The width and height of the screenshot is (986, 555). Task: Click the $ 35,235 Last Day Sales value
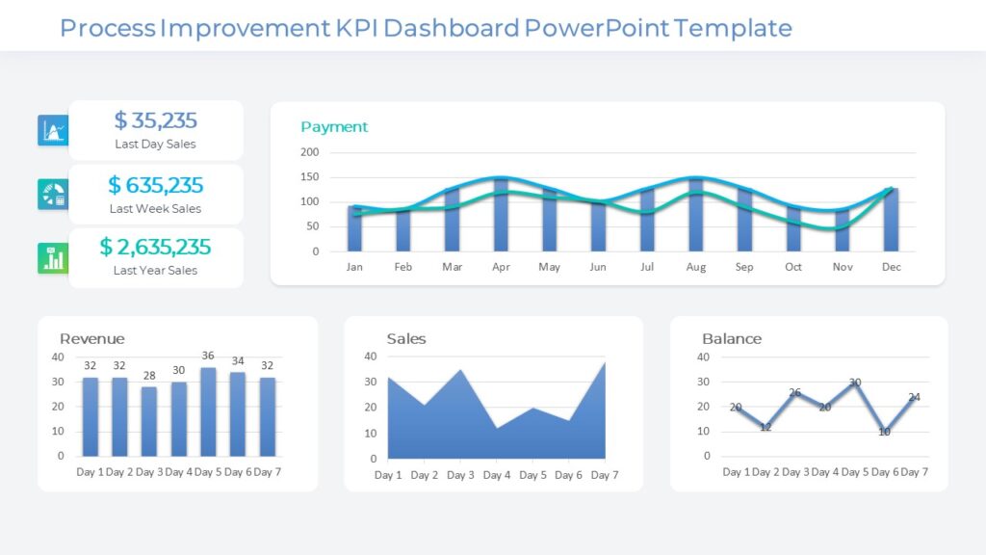tap(155, 120)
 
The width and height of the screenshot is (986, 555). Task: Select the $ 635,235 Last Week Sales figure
tap(155, 185)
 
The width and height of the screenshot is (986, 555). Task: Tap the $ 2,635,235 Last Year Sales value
tap(155, 248)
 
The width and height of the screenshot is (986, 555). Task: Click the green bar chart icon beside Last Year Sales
tap(52, 258)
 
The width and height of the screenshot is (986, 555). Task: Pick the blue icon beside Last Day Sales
tap(52, 130)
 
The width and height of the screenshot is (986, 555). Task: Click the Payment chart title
tap(334, 127)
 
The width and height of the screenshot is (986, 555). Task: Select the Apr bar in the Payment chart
tap(501, 214)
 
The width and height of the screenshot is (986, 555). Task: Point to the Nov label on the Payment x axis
tap(843, 267)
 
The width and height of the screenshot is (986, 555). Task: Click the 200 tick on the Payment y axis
tap(309, 152)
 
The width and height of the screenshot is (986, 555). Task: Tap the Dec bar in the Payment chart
tap(892, 220)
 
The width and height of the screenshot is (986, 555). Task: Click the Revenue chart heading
tap(91, 339)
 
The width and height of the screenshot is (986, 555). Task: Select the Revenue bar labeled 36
tap(208, 411)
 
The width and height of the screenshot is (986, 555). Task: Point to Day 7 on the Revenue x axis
tap(268, 472)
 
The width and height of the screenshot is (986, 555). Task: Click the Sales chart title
tap(405, 339)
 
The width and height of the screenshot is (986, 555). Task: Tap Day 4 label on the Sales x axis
tap(497, 475)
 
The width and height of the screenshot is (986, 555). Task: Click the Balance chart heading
tap(731, 339)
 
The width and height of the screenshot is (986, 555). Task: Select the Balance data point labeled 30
tap(854, 383)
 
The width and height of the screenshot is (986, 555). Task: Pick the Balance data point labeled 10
tap(884, 431)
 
